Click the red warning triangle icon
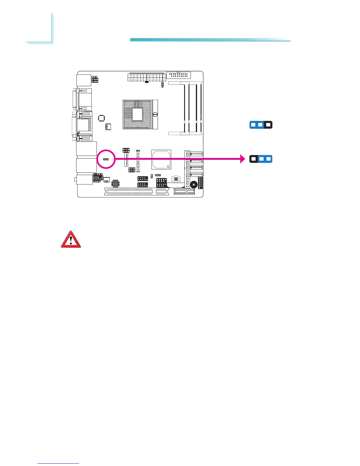point(71,239)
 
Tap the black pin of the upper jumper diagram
point(268,125)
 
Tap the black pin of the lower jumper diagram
point(253,159)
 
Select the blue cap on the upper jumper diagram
point(257,125)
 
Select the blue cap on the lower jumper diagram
point(265,159)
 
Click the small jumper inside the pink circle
point(106,159)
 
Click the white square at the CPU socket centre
point(137,114)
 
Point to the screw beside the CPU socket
point(155,114)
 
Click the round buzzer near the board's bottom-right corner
point(194,185)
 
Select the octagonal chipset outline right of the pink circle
point(161,160)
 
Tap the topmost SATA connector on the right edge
point(196,154)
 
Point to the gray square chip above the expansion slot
point(115,183)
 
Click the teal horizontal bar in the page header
point(210,40)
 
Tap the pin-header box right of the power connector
point(178,75)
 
